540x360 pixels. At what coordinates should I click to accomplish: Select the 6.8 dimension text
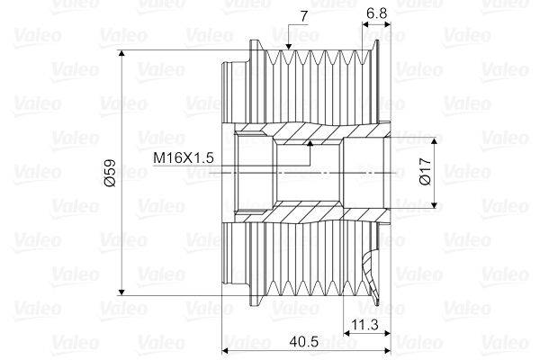pyautogui.click(x=378, y=14)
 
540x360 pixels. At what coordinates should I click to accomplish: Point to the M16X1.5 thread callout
pyautogui.click(x=184, y=157)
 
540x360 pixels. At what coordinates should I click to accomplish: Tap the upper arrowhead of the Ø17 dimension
pyautogui.click(x=437, y=138)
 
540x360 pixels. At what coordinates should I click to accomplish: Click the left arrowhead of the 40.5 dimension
pyautogui.click(x=226, y=349)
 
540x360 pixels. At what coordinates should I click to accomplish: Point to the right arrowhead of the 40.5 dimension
pyautogui.click(x=384, y=349)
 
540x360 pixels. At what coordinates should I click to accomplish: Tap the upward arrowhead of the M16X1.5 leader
pyautogui.click(x=308, y=143)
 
